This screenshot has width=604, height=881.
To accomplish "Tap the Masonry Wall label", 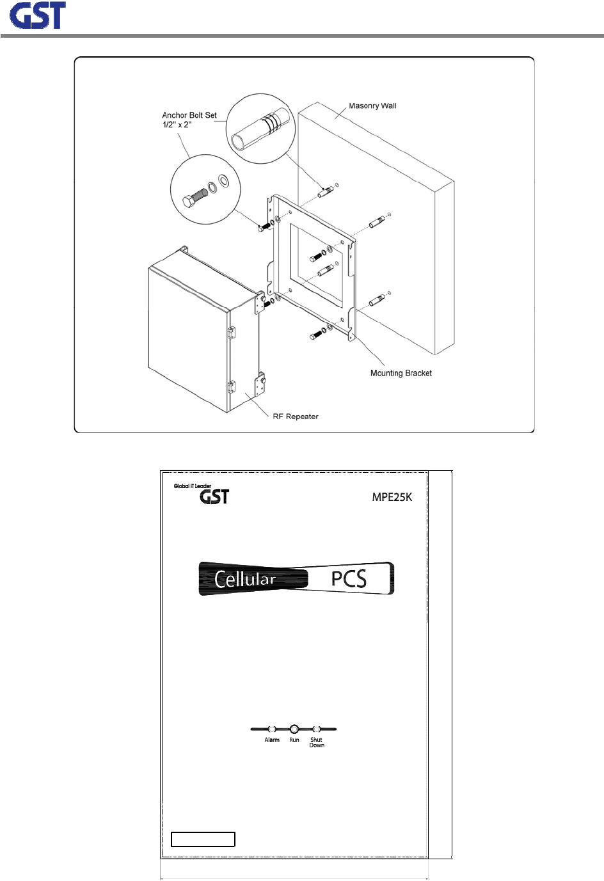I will point(372,106).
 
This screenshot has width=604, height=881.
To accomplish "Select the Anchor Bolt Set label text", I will point(189,120).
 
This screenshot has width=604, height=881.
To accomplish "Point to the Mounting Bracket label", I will point(401,373).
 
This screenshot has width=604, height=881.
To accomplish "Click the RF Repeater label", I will point(296,417).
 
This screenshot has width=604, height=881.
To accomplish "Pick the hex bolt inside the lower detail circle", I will point(193,200).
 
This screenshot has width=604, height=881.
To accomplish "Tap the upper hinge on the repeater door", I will point(231,332).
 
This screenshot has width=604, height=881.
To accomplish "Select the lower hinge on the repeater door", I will point(231,386).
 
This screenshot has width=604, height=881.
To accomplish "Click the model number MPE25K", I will point(392,497).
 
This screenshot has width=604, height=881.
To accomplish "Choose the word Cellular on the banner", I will point(245,580).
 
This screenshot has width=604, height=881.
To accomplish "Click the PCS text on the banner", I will point(349,578).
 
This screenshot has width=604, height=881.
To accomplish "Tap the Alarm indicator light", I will point(272,729).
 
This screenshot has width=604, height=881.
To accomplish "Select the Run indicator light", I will point(294,729).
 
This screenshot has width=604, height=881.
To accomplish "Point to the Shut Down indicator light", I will point(316,729).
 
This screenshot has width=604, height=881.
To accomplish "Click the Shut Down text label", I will point(317,742).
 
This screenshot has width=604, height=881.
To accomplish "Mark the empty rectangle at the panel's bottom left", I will point(203,839).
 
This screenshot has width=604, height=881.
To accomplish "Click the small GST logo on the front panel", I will point(214,497).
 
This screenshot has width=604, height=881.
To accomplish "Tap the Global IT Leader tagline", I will point(192,486).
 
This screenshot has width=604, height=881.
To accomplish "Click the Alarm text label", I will point(272,740).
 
